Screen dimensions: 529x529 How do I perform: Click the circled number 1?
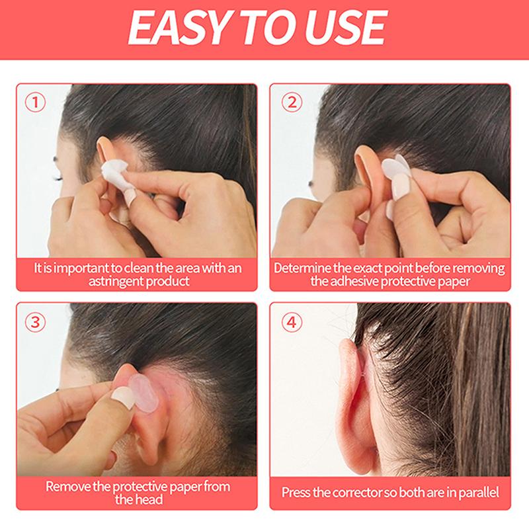coord(35,102)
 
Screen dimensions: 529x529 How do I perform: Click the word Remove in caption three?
coord(67,487)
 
